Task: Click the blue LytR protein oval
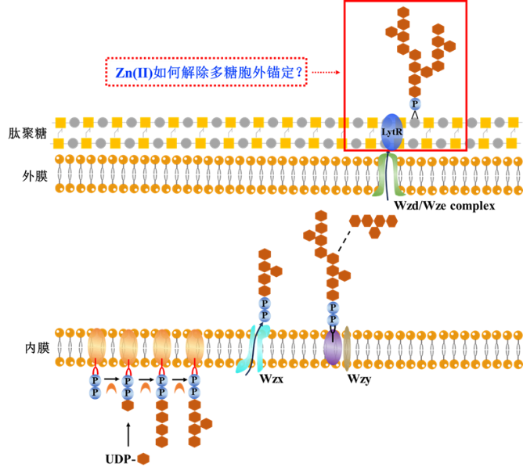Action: [x=392, y=132]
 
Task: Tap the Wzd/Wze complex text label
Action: [x=444, y=206]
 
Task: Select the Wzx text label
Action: [x=272, y=379]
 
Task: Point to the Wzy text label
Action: [x=359, y=379]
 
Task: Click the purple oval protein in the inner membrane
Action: [x=333, y=347]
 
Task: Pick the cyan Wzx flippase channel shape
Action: [x=253, y=349]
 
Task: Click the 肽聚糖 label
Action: [x=27, y=133]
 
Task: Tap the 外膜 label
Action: [x=34, y=176]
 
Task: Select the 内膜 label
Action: [x=37, y=348]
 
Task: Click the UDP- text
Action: [x=121, y=459]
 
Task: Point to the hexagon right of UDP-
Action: [x=143, y=459]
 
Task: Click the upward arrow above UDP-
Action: [x=128, y=434]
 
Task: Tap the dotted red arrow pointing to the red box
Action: [x=326, y=72]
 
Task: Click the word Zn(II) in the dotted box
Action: [x=134, y=72]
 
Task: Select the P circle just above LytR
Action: [x=415, y=104]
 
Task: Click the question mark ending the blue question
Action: [x=299, y=72]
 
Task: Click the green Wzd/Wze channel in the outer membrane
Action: [x=388, y=175]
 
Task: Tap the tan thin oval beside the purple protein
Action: [x=347, y=348]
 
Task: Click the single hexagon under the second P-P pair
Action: [x=128, y=405]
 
